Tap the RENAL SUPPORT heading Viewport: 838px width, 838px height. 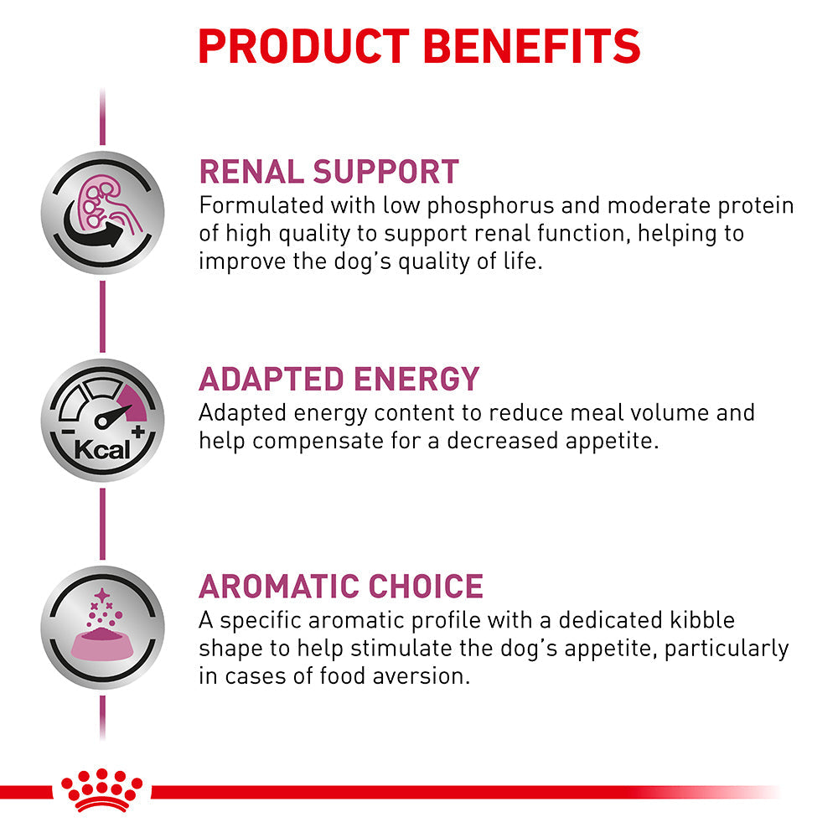(x=328, y=171)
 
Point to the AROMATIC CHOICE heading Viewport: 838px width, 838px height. (x=340, y=586)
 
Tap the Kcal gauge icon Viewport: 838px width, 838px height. (x=102, y=420)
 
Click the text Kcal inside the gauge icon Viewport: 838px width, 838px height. (x=102, y=449)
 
